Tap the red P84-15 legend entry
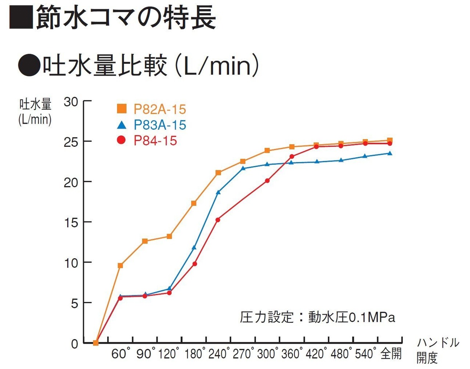tap(147, 141)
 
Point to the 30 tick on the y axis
tap(71, 102)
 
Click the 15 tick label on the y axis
tap(71, 222)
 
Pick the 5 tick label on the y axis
tap(75, 303)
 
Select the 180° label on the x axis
tap(194, 354)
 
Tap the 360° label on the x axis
tap(292, 354)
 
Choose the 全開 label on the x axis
tap(391, 354)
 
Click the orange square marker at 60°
tap(120, 265)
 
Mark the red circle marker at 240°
tap(218, 220)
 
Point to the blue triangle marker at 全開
tap(390, 153)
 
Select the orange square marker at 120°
tap(169, 236)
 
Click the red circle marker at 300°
tap(267, 181)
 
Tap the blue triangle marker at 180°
tap(194, 248)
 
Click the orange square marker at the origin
tap(96, 343)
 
